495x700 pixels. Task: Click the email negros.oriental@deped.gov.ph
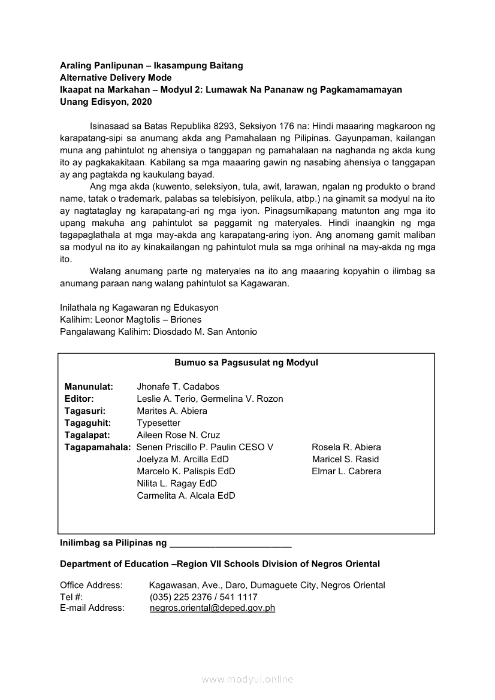pos(212,608)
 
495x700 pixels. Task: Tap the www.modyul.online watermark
pos(248,679)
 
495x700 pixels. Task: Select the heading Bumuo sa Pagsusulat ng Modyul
pos(246,362)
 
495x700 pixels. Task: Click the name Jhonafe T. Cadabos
pos(178,387)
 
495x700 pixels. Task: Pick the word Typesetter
pos(158,423)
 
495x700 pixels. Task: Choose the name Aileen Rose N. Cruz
pos(178,435)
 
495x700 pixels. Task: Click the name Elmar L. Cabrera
pos(346,471)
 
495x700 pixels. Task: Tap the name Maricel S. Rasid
pos(345,459)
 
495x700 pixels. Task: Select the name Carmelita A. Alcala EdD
pos(186,495)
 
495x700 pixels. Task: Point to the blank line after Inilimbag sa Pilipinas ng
pos(231,546)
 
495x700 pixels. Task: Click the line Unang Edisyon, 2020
pos(106,102)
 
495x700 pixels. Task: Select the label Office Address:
pos(91,585)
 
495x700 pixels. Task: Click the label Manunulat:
pos(89,387)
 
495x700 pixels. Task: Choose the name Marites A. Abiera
pos(172,411)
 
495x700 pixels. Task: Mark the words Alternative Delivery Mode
pos(116,78)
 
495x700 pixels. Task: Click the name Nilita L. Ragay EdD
pos(177,483)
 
